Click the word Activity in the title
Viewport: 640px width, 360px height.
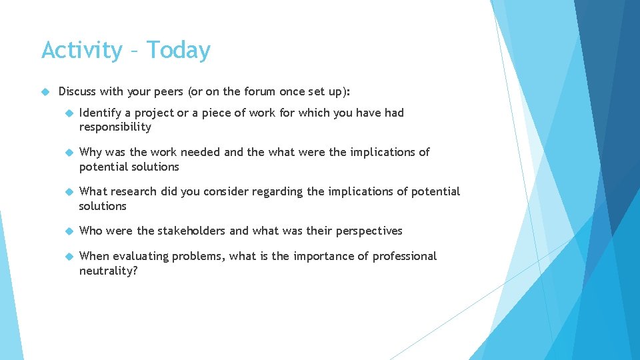(x=81, y=51)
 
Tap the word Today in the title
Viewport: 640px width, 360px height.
(x=178, y=50)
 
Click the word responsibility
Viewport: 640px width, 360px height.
(x=115, y=127)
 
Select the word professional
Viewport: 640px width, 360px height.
(x=405, y=256)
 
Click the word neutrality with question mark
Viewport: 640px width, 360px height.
(x=108, y=271)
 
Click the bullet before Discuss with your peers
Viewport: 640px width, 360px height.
(x=45, y=91)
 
